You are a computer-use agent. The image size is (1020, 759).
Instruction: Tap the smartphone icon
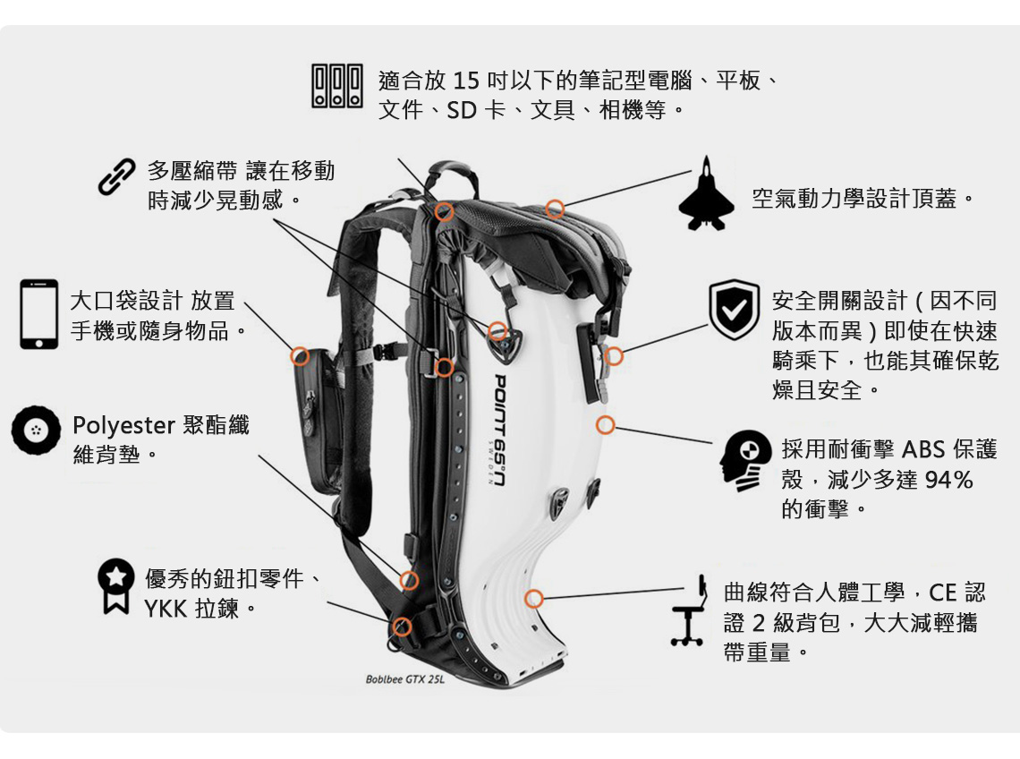[38, 314]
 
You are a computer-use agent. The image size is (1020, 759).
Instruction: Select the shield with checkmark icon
[734, 310]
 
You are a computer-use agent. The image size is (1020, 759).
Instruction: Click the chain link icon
[116, 177]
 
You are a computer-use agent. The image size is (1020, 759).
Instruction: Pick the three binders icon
[336, 86]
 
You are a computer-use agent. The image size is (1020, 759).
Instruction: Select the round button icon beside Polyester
[35, 431]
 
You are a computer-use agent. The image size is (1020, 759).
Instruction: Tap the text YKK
[166, 610]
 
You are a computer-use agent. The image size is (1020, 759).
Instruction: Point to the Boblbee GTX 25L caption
[404, 679]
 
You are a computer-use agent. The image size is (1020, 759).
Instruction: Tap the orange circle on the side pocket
[301, 355]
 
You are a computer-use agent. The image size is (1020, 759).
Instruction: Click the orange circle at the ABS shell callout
[606, 424]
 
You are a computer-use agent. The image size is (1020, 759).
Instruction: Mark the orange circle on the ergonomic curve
[534, 599]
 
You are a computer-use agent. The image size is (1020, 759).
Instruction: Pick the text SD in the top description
[462, 112]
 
